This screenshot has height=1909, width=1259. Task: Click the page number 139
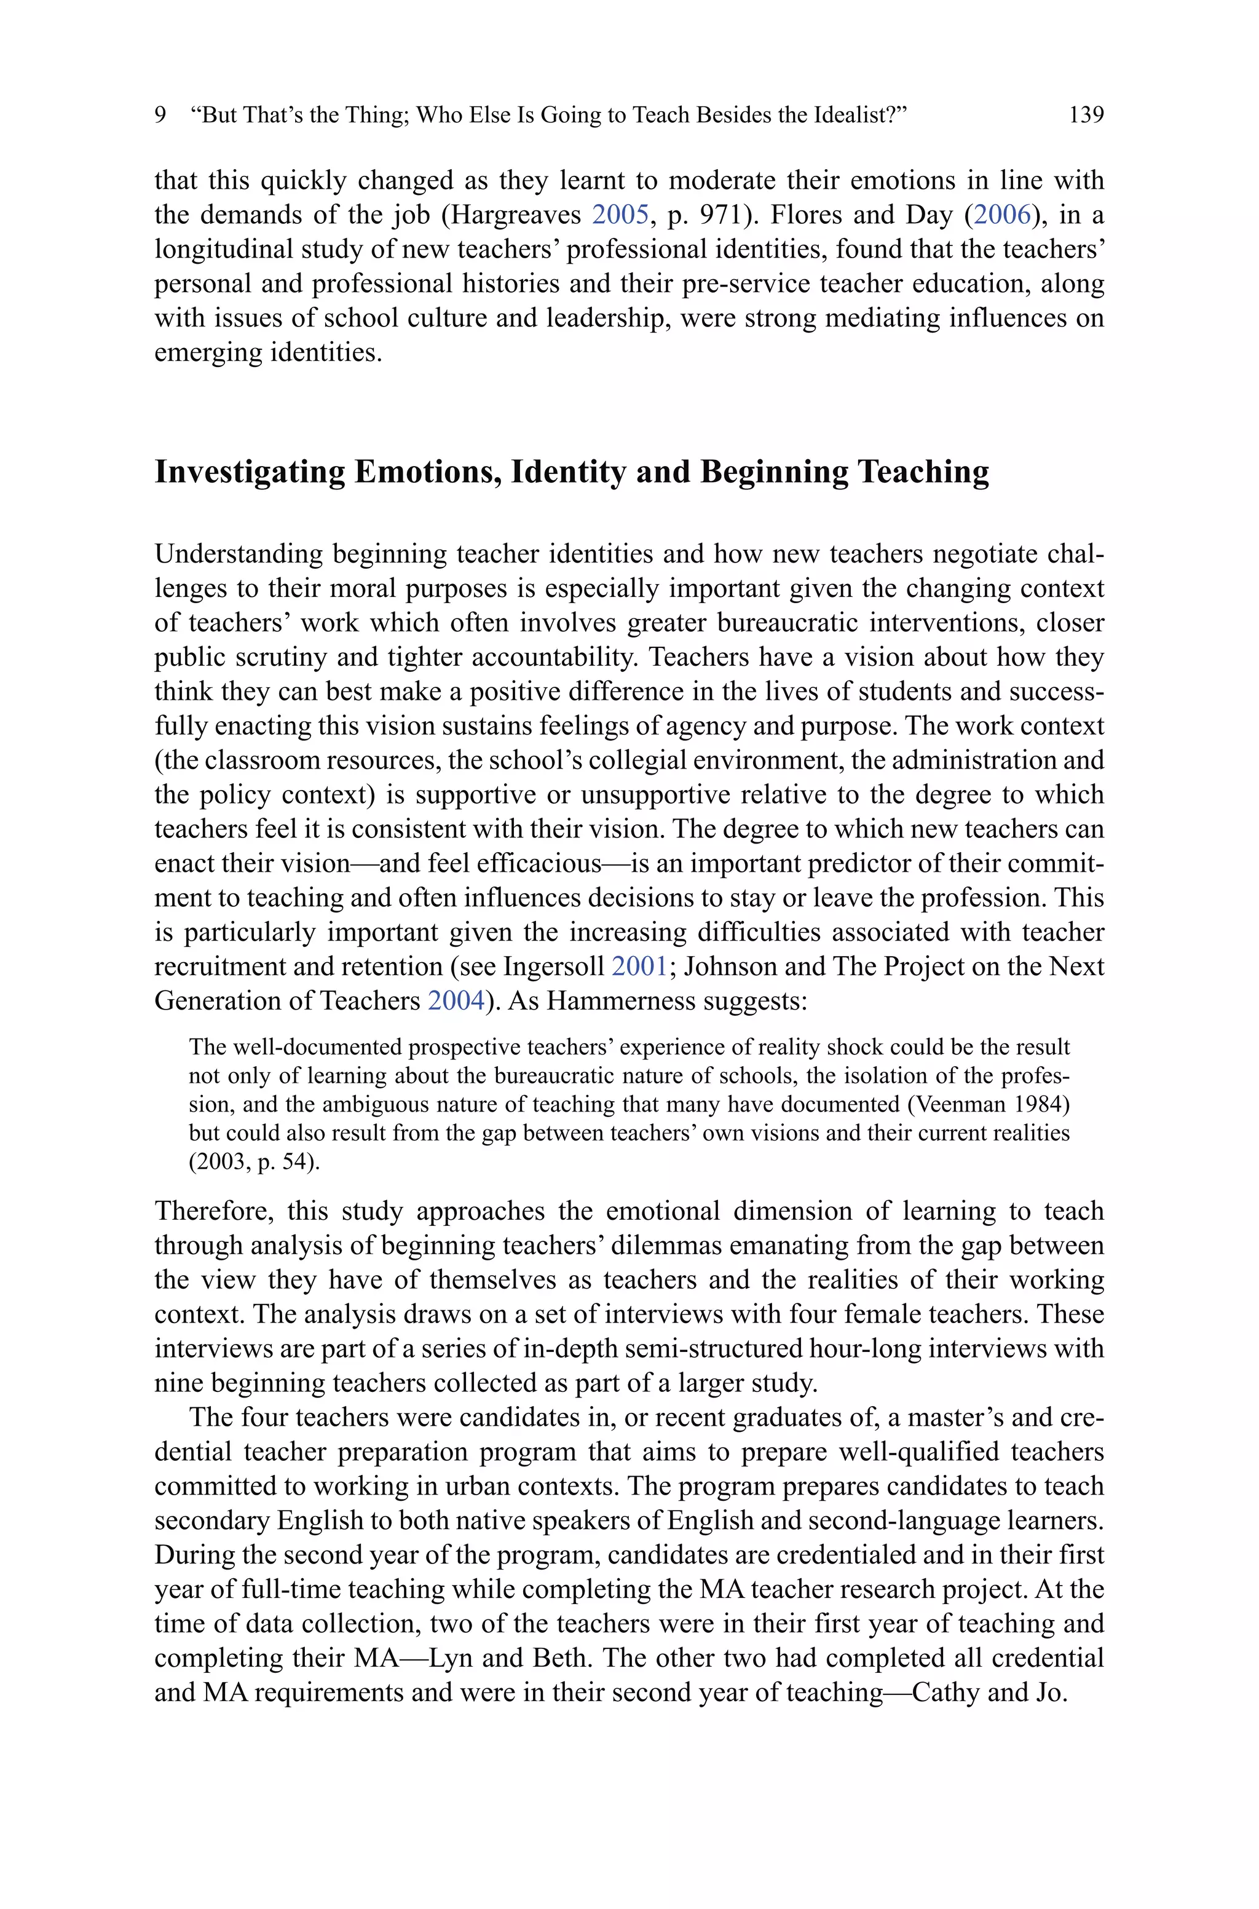(1086, 115)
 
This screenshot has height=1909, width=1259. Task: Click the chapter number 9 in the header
(160, 115)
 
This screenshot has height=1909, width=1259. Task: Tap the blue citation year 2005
(620, 215)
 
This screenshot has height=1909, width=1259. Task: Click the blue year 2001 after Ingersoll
(639, 966)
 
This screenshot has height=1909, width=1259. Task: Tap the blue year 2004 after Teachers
(456, 1001)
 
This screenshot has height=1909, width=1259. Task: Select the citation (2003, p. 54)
(254, 1163)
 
